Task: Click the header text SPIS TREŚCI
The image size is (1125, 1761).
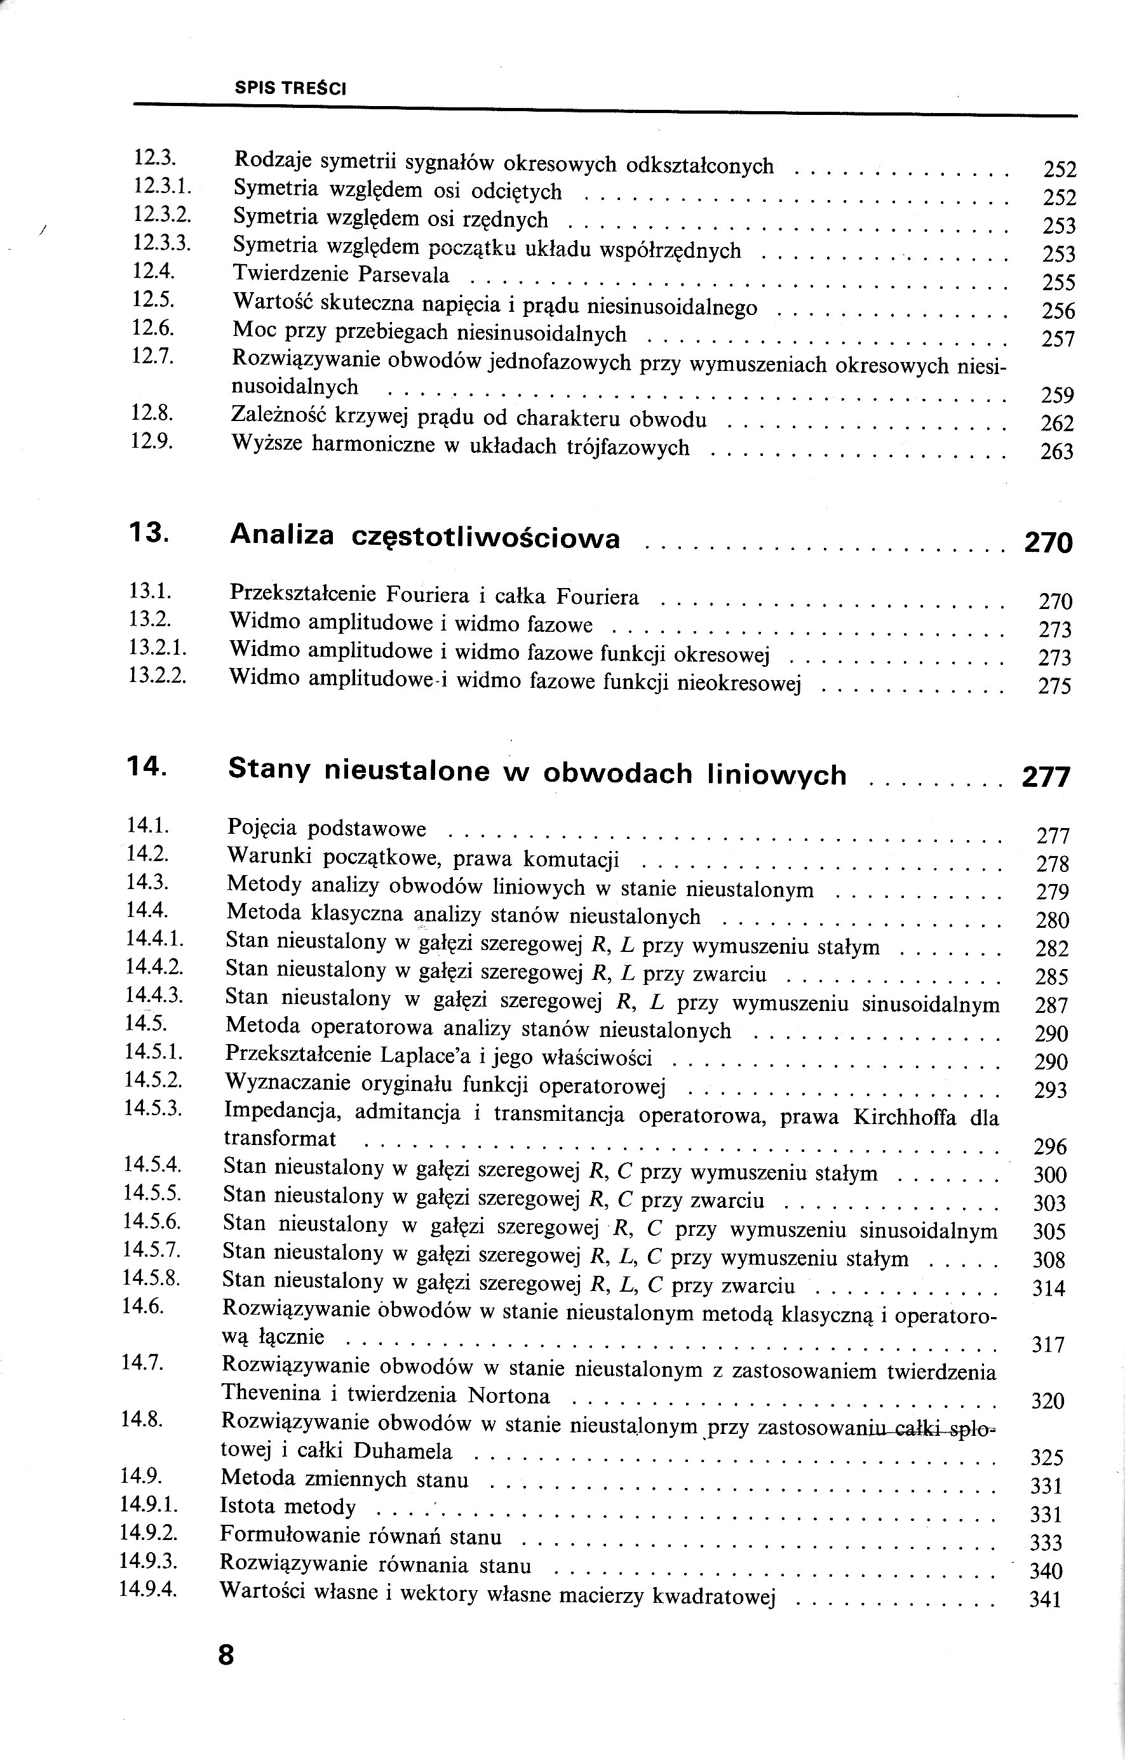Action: point(290,88)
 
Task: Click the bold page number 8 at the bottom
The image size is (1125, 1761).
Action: point(226,1654)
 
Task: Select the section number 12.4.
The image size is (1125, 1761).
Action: point(153,271)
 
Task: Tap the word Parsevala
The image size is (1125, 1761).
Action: point(404,275)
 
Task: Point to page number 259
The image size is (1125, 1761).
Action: point(1057,396)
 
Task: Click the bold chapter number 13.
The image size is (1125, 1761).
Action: point(149,532)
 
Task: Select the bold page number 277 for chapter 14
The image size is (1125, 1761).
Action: point(1046,777)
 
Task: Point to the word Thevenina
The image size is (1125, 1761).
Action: point(271,1393)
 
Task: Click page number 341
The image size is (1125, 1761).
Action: point(1044,1600)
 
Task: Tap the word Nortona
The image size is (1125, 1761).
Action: point(508,1395)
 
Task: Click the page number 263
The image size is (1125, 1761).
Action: point(1056,452)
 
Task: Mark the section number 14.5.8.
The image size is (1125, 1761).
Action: point(151,1279)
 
